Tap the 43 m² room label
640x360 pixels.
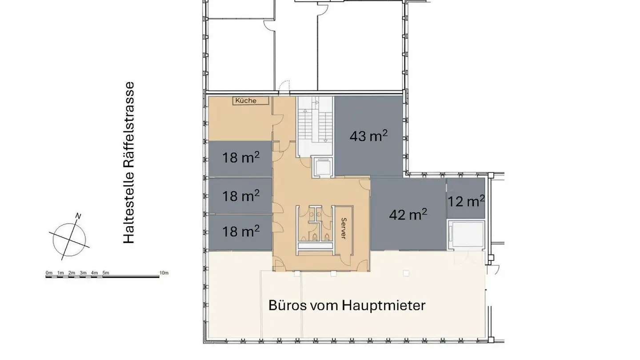(368, 136)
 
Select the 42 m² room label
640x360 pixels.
(408, 215)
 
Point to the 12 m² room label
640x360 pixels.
(466, 201)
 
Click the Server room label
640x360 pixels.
(343, 228)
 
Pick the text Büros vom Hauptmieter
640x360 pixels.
(347, 306)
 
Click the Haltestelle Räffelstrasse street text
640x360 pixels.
(129, 163)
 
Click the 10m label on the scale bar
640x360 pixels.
(164, 272)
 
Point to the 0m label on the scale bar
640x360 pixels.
(49, 272)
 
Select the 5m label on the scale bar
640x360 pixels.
(106, 272)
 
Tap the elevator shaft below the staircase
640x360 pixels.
(323, 167)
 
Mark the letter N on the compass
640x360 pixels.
(78, 216)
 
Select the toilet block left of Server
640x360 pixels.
(316, 224)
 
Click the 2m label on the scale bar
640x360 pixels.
(72, 272)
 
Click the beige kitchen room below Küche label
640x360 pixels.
(240, 122)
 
